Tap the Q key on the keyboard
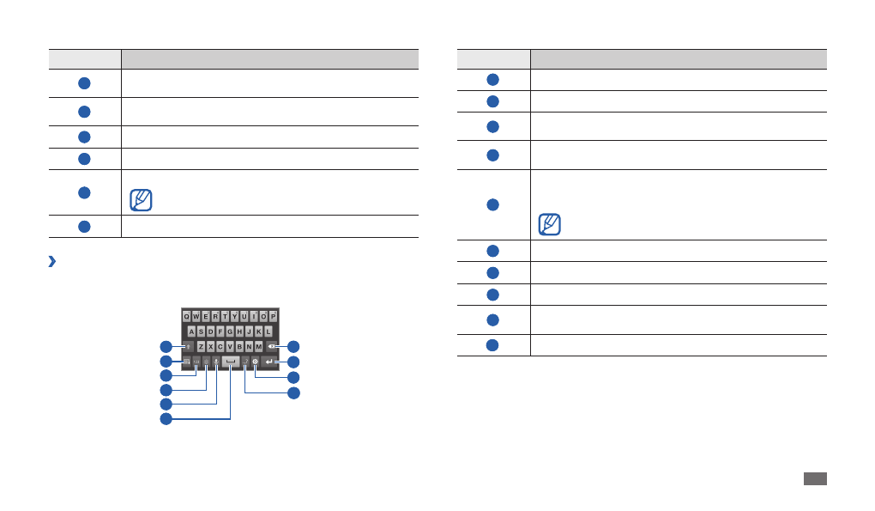click(x=186, y=315)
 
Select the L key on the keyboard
click(x=269, y=331)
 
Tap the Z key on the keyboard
click(x=201, y=346)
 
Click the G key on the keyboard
click(x=230, y=331)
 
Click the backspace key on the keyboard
click(x=271, y=346)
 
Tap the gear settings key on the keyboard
click(x=256, y=362)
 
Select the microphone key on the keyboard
click(x=216, y=362)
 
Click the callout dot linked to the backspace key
click(x=294, y=346)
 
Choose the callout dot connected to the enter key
click(x=294, y=362)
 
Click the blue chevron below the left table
click(x=52, y=262)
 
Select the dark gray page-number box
click(x=816, y=478)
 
